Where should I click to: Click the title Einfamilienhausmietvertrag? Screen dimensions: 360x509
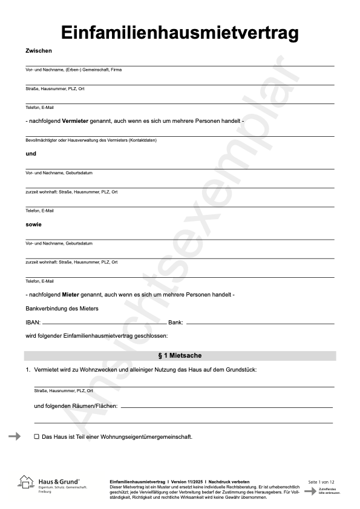180,33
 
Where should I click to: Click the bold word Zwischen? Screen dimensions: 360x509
39,51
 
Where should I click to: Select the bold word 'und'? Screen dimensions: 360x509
31,154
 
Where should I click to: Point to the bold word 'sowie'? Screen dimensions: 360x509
33,225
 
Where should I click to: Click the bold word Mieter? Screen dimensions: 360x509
71,294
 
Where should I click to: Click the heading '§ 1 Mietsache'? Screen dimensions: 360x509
180,355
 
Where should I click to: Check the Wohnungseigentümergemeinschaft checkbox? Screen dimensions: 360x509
36,436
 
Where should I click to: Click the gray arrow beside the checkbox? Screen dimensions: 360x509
15,436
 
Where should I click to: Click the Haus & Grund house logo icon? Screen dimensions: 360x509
26,482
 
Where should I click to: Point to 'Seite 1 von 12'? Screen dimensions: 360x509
321,481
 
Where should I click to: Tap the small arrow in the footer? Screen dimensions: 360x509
310,491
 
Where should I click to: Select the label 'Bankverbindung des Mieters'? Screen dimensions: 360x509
62,308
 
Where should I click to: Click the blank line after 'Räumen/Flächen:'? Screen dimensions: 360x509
227,407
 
